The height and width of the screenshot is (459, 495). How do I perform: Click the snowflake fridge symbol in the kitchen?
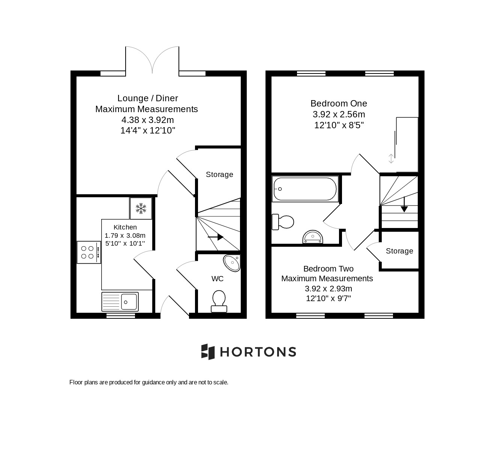tap(141, 208)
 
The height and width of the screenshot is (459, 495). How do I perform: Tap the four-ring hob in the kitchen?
tap(89, 252)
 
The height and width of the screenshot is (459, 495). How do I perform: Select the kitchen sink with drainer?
tap(120, 301)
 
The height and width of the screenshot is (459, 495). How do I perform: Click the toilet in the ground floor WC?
tap(219, 301)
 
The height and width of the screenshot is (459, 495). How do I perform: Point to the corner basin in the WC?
tap(232, 262)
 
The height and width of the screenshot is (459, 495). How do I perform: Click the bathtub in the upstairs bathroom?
tap(305, 189)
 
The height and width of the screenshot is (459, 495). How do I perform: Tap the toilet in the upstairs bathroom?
tap(283, 222)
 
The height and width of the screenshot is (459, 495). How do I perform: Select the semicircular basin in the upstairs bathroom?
tap(312, 237)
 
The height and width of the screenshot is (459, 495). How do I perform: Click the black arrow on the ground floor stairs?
tap(216, 237)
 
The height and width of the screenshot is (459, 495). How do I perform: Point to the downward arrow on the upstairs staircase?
tap(404, 204)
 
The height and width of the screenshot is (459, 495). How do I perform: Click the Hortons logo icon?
tap(208, 352)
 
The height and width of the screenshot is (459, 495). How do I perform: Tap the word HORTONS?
tap(258, 352)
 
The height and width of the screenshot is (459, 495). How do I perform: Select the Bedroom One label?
tap(339, 103)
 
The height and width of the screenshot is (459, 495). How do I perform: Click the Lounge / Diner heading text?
tap(147, 98)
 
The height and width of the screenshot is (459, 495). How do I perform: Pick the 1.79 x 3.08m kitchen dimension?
tap(125, 235)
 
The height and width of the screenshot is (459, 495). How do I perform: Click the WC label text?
tap(217, 279)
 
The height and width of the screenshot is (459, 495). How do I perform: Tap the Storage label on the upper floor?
tap(399, 251)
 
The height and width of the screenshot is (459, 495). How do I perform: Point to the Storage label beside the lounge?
tap(219, 174)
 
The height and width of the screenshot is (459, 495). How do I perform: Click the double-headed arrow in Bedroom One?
tap(391, 159)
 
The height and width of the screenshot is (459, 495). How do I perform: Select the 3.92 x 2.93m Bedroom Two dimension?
tap(328, 288)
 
